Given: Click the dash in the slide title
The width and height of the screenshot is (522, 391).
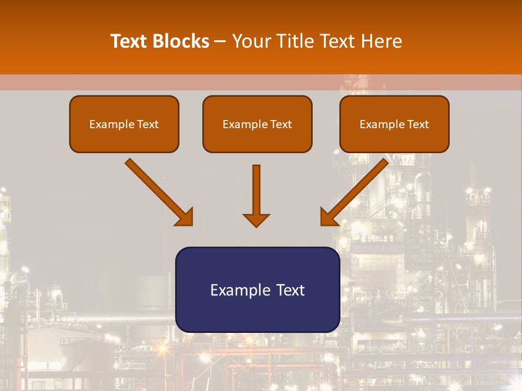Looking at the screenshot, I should pyautogui.click(x=220, y=42).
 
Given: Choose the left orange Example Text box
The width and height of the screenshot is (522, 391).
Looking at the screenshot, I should pyautogui.click(x=124, y=124).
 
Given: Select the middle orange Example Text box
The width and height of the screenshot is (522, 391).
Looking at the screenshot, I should pyautogui.click(x=257, y=124).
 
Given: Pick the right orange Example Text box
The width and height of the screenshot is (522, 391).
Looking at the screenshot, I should pyautogui.click(x=394, y=124).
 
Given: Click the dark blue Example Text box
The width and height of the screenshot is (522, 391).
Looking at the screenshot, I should pyautogui.click(x=257, y=289).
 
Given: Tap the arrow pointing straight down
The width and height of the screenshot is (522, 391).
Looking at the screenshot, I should pyautogui.click(x=256, y=195).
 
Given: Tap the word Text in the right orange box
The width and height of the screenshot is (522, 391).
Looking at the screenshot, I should pyautogui.click(x=418, y=124).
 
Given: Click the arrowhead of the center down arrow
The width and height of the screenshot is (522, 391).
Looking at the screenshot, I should pyautogui.click(x=256, y=220).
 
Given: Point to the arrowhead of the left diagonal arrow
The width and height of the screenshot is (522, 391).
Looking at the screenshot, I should pyautogui.click(x=185, y=218).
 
